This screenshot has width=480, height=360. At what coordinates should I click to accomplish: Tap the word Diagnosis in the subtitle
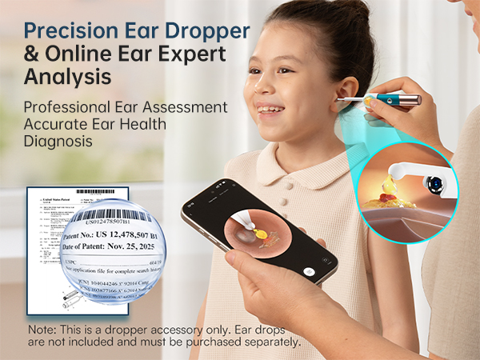[x=58, y=140]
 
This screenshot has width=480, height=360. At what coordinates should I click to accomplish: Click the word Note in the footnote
[x=40, y=330]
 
